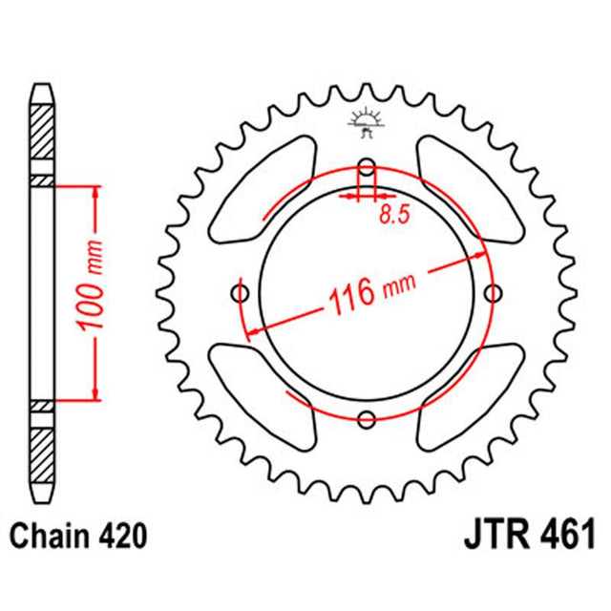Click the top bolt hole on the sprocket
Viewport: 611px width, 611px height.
(367, 163)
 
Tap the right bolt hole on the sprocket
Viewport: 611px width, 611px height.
(495, 291)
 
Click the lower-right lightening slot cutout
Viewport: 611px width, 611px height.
(472, 391)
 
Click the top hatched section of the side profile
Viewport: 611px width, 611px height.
(42, 129)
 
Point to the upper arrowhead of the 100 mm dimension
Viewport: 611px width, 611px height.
(95, 192)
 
